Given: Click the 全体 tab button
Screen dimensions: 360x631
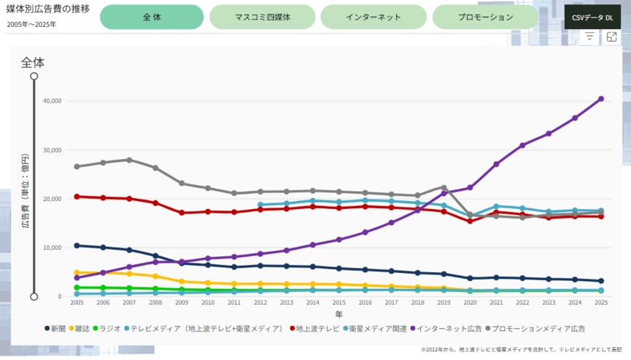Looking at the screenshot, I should coord(152,17).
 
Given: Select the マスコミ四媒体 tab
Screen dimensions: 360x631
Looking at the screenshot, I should coord(263,17).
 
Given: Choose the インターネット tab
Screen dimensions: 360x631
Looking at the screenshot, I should coord(374,17).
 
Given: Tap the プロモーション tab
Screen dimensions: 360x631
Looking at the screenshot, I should coord(485,17).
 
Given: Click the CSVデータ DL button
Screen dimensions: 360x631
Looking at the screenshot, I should coord(593,17).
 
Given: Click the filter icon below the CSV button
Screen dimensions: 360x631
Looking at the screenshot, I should coord(590,36).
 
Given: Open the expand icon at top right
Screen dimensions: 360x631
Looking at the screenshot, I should coord(611,36).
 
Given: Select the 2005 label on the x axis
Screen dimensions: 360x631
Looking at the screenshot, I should coord(77,303).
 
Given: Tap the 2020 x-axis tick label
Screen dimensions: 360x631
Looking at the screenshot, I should coord(470,303).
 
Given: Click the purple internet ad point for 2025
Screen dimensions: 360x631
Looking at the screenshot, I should coord(601,99).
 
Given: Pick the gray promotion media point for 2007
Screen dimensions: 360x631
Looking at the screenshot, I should coord(129,160).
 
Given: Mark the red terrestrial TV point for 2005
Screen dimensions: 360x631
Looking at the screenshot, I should coord(77,196).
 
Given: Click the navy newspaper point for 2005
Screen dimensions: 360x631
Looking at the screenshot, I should coord(77,245).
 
